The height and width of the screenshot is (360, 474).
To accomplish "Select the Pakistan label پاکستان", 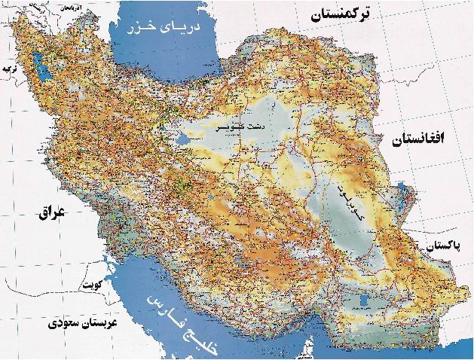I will [448, 246].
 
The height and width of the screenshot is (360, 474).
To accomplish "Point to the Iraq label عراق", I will [52, 213].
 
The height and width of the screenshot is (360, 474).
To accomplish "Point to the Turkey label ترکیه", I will [9, 69].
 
